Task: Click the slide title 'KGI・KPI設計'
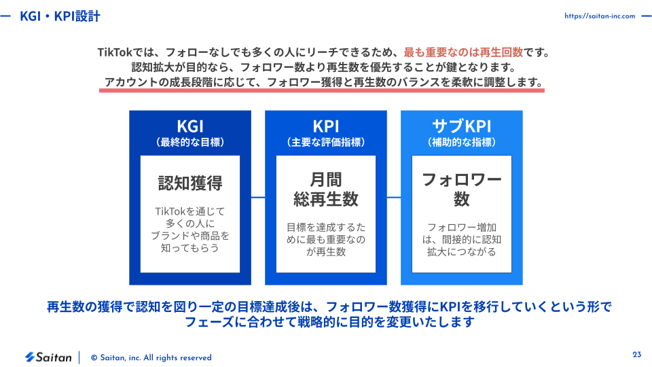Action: point(60,16)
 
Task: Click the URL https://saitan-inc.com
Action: point(600,16)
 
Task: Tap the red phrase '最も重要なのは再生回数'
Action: point(463,52)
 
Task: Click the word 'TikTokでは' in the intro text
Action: point(121,52)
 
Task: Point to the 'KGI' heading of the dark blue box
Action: point(190,126)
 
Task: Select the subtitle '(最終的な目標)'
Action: point(190,142)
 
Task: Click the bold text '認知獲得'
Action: point(190,183)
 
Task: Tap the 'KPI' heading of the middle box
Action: point(326,126)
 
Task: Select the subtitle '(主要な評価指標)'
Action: point(326,142)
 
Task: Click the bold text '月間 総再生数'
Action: point(326,190)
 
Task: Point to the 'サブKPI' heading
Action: point(462,126)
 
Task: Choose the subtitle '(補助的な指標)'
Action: point(462,142)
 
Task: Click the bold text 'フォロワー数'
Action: point(462,190)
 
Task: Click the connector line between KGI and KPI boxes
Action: point(258,197)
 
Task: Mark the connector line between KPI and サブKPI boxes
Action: point(394,197)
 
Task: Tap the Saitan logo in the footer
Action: point(48,357)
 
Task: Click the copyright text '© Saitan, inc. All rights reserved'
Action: point(151,358)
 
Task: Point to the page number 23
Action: point(636,355)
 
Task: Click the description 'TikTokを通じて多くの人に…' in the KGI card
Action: point(190,230)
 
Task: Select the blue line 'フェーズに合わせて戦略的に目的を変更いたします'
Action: point(329,322)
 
